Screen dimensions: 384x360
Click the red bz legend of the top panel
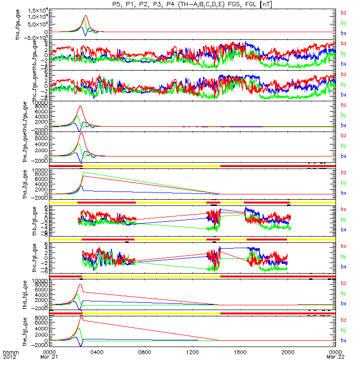coord(343,13)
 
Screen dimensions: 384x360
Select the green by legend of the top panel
coord(343,23)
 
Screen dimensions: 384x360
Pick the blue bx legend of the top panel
coord(343,34)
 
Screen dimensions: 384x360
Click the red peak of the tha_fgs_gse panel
coord(85,16)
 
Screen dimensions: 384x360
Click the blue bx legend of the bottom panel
coord(343,340)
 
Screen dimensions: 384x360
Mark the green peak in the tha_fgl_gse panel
coord(83,172)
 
